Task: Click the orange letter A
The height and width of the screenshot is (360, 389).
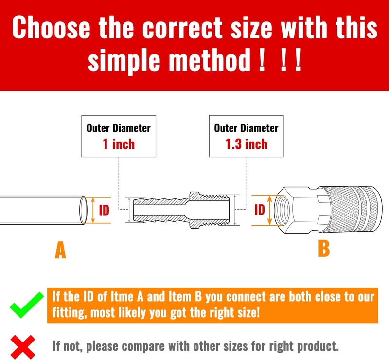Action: [x=60, y=250]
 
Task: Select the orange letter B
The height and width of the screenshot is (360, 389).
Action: [x=324, y=249]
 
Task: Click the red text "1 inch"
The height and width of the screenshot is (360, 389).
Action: [x=119, y=144]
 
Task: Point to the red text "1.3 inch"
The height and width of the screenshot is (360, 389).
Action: [x=247, y=144]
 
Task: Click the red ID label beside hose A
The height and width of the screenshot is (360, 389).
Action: [x=104, y=211]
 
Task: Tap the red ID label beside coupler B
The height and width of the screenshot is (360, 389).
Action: [x=260, y=210]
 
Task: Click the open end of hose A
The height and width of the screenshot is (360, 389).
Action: [x=83, y=210]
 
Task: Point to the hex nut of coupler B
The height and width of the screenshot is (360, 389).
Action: [x=297, y=210]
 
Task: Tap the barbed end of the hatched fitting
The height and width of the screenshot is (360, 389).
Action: [x=159, y=210]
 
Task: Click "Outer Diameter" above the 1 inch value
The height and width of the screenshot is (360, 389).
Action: [x=119, y=128]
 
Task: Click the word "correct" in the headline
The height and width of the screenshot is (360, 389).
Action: [x=183, y=27]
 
